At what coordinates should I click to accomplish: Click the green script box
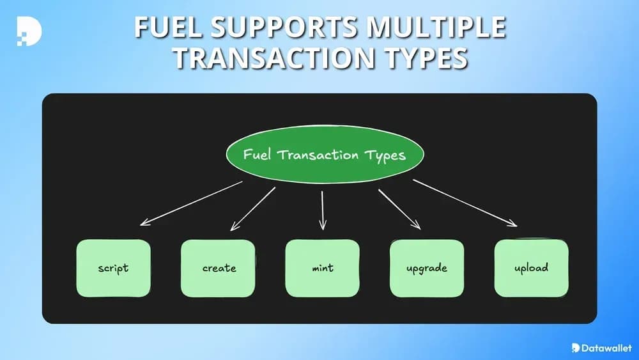(x=113, y=268)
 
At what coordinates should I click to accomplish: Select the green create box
(x=219, y=268)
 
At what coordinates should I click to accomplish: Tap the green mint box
(x=322, y=268)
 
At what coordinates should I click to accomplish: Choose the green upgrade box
(x=426, y=268)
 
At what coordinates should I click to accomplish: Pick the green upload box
(x=531, y=267)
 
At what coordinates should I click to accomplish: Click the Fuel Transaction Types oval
(x=325, y=155)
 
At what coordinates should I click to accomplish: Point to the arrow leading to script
(x=191, y=203)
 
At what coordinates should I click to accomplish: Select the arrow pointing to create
(x=252, y=209)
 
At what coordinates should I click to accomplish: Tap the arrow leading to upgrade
(x=399, y=209)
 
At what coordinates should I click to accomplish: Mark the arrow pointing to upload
(x=465, y=203)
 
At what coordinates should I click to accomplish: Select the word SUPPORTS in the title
(x=282, y=28)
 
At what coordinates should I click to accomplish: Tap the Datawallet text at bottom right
(x=606, y=348)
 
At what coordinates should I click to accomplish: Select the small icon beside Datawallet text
(x=576, y=348)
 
